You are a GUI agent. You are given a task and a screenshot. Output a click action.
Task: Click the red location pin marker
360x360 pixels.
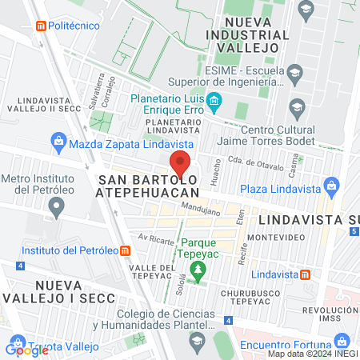click(180, 164)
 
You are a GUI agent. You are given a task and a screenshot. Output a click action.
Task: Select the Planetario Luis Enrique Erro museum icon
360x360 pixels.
click(214, 101)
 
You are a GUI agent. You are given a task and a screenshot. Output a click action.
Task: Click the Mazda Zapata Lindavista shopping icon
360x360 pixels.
click(58, 144)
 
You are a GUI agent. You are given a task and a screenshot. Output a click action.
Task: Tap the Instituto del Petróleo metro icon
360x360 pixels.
click(126, 250)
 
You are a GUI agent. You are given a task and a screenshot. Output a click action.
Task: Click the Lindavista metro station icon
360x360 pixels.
click(306, 274)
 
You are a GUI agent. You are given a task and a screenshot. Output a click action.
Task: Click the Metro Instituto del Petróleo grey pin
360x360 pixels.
click(56, 207)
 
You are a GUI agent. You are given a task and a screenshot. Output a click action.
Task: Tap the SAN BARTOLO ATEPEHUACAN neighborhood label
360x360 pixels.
click(147, 186)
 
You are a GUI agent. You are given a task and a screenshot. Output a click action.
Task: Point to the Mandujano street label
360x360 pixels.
click(202, 211)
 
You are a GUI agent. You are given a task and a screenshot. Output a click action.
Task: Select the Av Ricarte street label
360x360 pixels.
click(155, 238)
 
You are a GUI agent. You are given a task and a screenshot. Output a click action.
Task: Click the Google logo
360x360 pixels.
click(26, 350)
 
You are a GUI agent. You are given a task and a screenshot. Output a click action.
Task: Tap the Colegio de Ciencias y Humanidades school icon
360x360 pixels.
click(198, 340)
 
